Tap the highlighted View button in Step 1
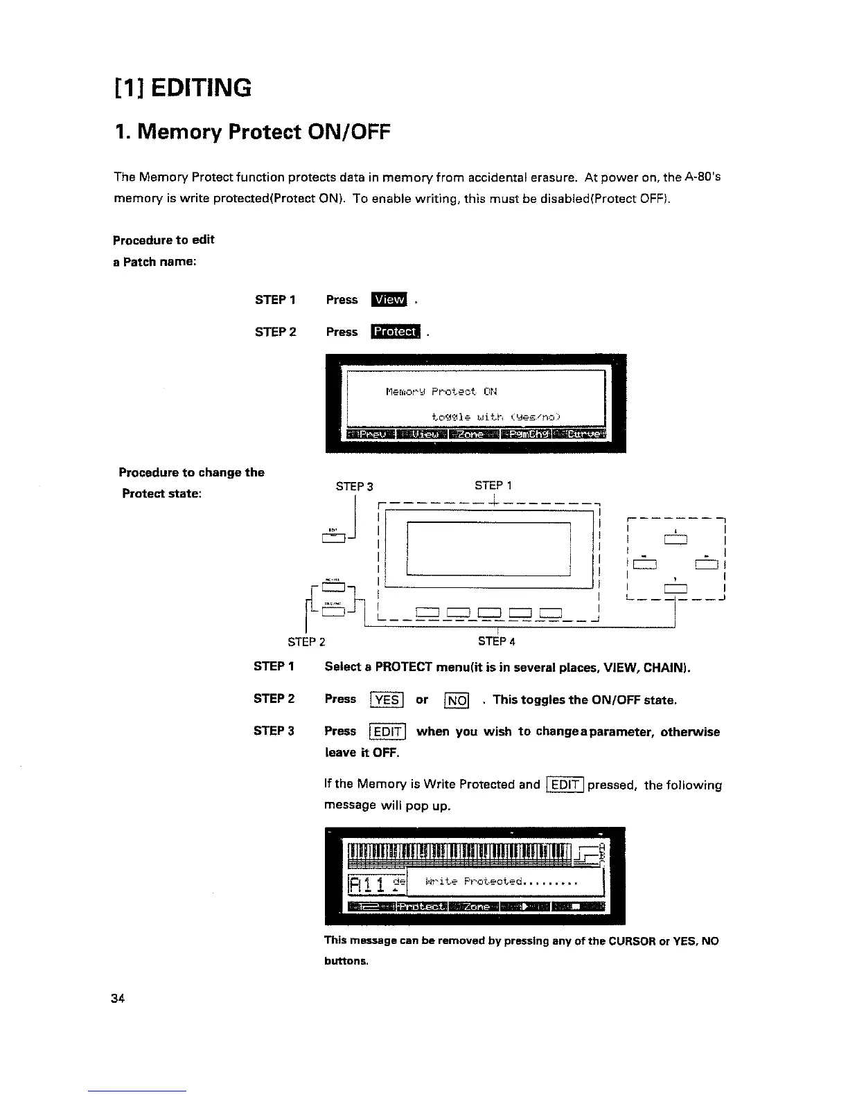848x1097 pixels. click(389, 299)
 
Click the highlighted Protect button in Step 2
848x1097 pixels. click(395, 332)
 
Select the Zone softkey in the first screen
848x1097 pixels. click(474, 434)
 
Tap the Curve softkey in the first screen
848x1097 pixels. click(584, 434)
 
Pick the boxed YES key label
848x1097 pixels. click(387, 699)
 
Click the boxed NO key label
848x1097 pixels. click(457, 699)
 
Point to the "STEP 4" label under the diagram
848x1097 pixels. click(496, 641)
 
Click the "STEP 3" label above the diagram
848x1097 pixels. click(354, 486)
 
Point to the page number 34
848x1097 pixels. click(116, 998)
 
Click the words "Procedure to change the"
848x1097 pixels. click(191, 472)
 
